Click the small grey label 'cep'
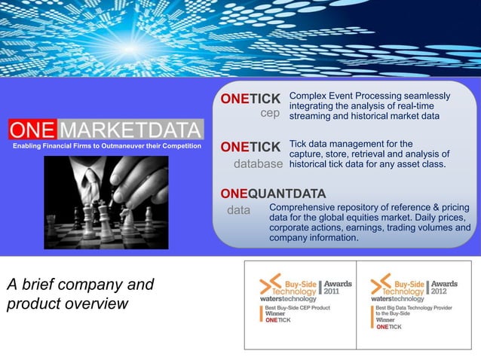pyautogui.click(x=270, y=114)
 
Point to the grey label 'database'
pyautogui.click(x=259, y=163)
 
